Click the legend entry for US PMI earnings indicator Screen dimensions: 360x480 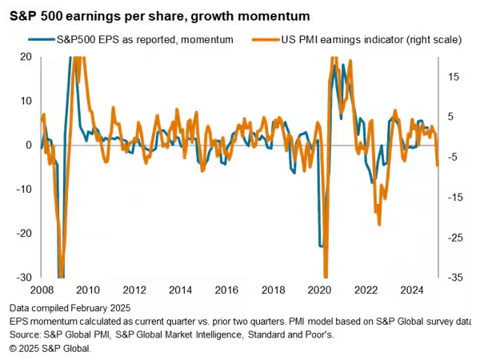(343, 38)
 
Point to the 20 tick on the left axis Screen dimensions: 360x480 (26, 57)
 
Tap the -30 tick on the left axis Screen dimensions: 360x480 (24, 278)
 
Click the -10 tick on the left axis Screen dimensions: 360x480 (24, 190)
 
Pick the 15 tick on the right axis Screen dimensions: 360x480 (453, 77)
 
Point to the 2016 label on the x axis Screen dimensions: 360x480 (226, 290)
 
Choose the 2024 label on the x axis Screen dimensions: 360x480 (413, 290)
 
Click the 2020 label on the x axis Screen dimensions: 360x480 (320, 290)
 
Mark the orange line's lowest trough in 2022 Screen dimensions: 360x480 (378, 225)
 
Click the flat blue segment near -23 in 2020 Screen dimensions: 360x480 (321, 246)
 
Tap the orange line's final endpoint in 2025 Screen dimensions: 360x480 (438, 166)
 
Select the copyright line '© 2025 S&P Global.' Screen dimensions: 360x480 (50, 349)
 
